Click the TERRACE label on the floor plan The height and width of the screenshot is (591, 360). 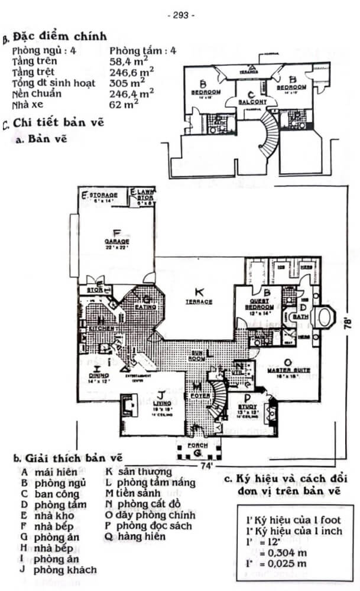point(200,301)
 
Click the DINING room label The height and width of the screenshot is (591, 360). point(95,375)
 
